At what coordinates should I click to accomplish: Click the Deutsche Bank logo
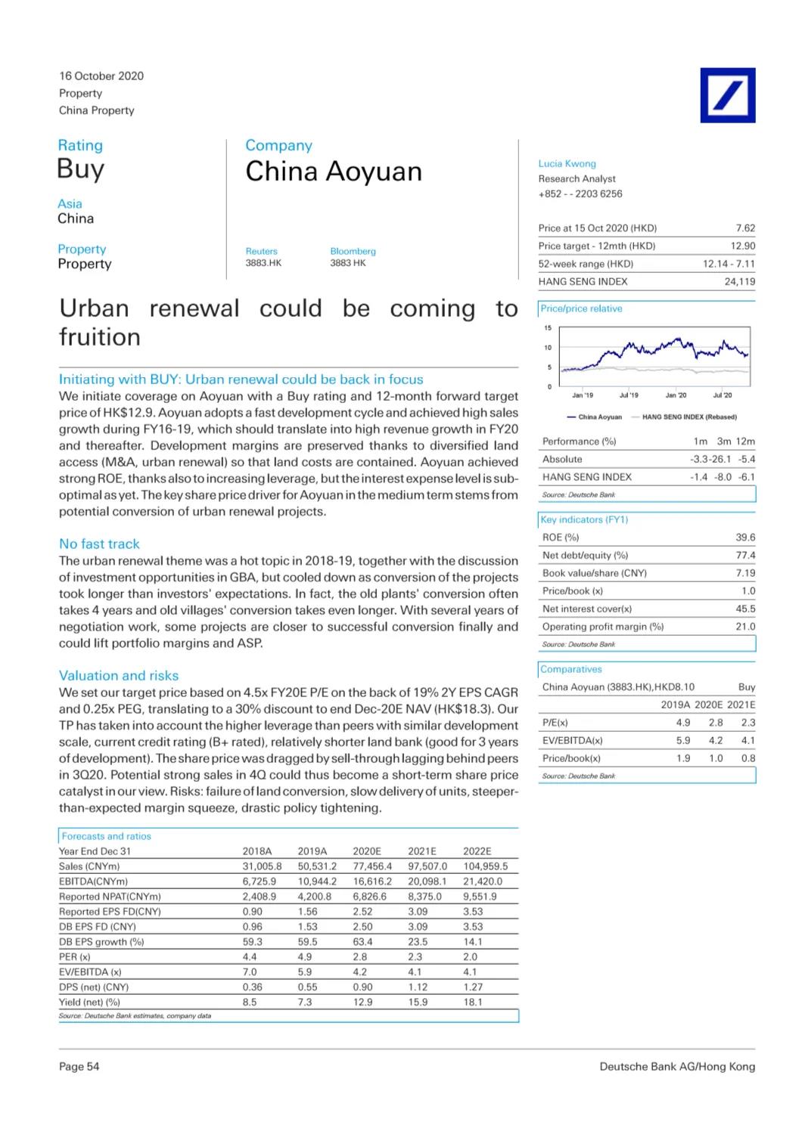(x=727, y=95)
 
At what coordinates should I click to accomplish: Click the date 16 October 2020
(x=101, y=76)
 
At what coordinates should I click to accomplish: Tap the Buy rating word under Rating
(x=81, y=169)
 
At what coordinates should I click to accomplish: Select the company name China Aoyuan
(x=334, y=172)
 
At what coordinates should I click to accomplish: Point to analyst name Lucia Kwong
(x=567, y=163)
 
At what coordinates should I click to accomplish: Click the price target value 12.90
(x=742, y=246)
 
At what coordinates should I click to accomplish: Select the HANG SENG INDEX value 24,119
(x=739, y=281)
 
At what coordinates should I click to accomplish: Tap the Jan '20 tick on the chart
(x=676, y=395)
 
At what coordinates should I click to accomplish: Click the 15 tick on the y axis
(x=548, y=328)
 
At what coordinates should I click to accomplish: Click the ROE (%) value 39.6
(x=745, y=538)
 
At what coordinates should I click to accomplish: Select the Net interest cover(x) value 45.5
(x=745, y=609)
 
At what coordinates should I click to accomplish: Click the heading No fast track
(x=99, y=544)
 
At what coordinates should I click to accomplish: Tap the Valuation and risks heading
(x=119, y=676)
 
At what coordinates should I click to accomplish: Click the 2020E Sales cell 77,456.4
(x=372, y=866)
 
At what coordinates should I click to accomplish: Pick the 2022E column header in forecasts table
(x=477, y=851)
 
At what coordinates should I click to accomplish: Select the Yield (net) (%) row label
(x=89, y=1002)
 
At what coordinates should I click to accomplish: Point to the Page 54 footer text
(x=79, y=1067)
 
